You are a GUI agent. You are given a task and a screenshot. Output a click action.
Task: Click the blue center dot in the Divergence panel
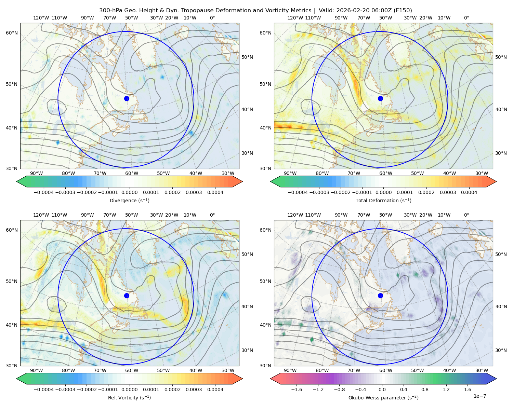127,98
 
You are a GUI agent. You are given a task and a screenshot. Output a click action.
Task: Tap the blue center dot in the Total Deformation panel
380,98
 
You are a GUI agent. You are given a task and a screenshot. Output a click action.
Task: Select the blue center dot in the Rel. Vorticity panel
127,296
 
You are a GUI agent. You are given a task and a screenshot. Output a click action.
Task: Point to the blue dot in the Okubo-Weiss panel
380,296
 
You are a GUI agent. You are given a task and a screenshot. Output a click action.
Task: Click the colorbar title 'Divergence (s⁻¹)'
129,200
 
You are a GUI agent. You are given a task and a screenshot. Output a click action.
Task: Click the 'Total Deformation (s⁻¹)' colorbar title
383,200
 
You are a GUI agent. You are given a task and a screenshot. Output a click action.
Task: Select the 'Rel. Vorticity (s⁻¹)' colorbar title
129,397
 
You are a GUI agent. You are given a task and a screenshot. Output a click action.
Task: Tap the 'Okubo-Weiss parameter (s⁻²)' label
383,397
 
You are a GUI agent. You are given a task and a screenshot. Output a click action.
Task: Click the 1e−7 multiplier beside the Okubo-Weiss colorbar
479,396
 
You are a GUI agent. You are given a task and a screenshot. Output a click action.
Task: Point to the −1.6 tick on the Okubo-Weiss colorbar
297,389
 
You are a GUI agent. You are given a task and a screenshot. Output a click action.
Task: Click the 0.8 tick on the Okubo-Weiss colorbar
425,389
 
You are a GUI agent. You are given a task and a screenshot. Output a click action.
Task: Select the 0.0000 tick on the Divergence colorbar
129,192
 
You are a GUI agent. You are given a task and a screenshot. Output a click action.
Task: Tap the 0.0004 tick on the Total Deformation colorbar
469,192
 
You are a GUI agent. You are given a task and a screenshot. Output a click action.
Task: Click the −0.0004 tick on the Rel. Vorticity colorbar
44,389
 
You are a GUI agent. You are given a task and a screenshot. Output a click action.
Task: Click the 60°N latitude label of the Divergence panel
12,33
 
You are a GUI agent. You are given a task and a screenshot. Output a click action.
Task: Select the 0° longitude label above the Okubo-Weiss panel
466,215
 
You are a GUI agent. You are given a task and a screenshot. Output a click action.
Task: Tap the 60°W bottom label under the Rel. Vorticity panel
132,370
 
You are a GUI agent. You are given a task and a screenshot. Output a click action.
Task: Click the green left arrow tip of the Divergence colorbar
17,181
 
